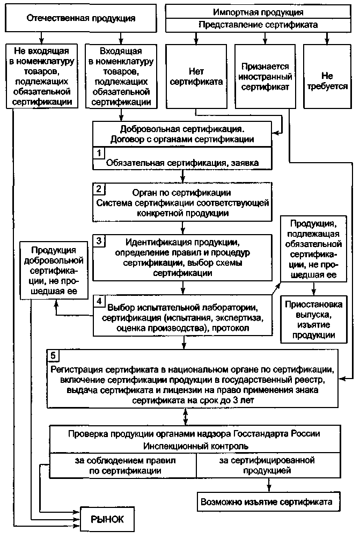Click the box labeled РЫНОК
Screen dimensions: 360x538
[x=107, y=519]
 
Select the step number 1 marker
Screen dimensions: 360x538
[x=99, y=152]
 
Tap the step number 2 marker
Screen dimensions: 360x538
[x=99, y=188]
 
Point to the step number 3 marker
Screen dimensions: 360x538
[x=99, y=241]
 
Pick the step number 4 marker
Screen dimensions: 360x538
[x=99, y=301]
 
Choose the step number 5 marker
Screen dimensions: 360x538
[x=53, y=355]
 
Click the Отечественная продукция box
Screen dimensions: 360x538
[x=81, y=18]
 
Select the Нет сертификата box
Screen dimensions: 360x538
[x=196, y=77]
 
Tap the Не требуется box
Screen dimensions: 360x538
[x=327, y=77]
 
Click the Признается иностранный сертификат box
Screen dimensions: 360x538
[x=265, y=77]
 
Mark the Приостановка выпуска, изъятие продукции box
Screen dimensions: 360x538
[x=313, y=319]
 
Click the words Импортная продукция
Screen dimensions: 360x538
[x=258, y=12]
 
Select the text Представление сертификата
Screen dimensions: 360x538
[x=258, y=25]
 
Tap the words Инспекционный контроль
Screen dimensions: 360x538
[x=196, y=446]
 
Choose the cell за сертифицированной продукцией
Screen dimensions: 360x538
[x=269, y=466]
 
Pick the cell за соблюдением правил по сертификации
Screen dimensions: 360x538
[x=123, y=466]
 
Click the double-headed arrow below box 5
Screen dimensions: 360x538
[x=186, y=417]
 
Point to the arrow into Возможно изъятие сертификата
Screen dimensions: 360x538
[x=269, y=485]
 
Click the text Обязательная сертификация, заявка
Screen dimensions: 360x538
[x=182, y=163]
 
